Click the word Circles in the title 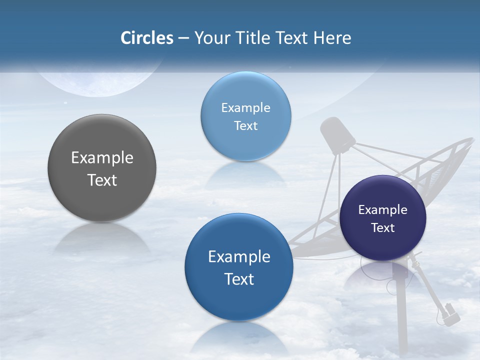(147, 38)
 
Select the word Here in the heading (332, 38)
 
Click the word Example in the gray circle (102, 158)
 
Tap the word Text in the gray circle (102, 180)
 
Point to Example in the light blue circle (245, 108)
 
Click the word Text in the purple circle (383, 228)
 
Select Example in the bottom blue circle (239, 257)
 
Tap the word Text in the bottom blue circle (239, 279)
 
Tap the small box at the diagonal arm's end (451, 313)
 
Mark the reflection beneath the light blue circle (245, 173)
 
